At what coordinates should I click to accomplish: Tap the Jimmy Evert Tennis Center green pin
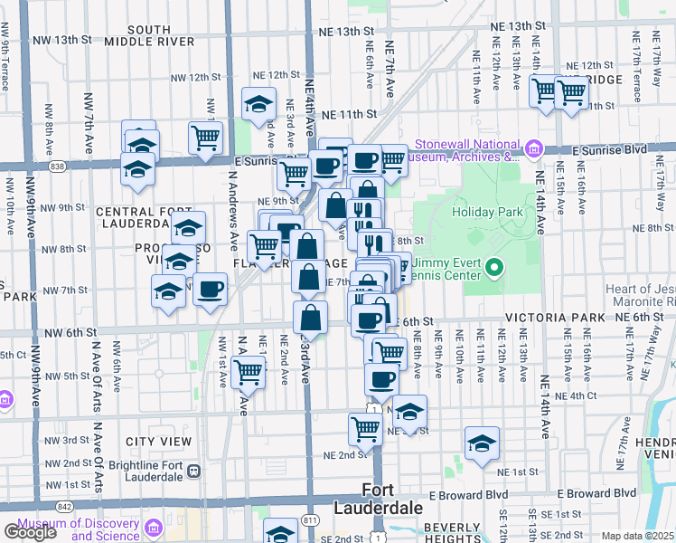[493, 268]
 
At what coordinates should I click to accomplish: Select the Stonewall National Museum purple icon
[533, 148]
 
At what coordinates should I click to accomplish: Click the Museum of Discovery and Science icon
[153, 527]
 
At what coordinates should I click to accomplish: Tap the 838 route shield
[58, 167]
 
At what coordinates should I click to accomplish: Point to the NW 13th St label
[62, 41]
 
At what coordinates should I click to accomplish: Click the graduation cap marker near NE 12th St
[259, 104]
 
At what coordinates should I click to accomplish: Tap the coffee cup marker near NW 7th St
[211, 290]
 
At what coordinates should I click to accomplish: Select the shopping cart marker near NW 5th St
[248, 371]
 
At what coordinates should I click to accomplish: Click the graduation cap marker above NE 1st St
[482, 443]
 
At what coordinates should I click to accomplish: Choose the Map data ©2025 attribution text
[638, 536]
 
